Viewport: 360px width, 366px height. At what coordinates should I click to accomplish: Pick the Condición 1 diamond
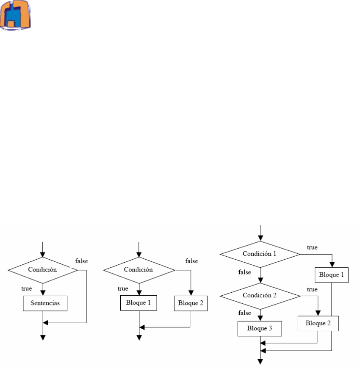[x=260, y=254]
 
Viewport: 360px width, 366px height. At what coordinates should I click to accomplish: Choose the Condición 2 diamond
[x=260, y=295]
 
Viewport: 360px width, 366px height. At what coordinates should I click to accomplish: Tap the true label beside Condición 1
[x=313, y=246]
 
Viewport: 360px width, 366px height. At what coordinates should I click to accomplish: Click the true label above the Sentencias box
[x=27, y=288]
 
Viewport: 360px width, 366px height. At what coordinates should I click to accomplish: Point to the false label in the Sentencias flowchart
[x=81, y=261]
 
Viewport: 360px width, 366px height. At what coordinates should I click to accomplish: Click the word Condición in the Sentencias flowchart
[x=42, y=269]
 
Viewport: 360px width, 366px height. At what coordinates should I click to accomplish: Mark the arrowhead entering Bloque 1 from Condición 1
[x=331, y=266]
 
